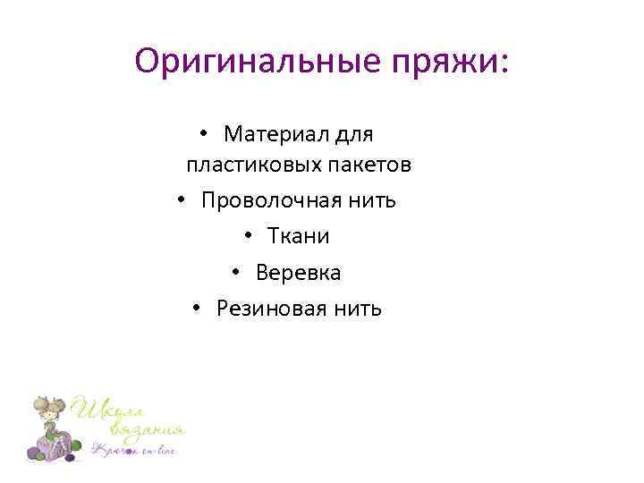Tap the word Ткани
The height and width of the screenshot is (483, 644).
[298, 236]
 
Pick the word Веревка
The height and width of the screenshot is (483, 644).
[298, 272]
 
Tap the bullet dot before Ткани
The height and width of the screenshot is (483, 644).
[247, 237]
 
